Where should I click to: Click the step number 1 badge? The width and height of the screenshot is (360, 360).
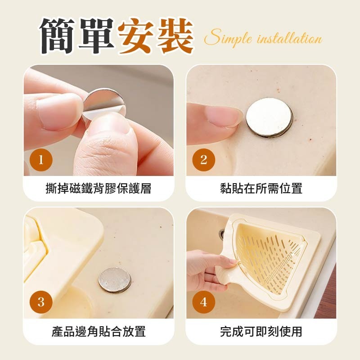coord(41,160)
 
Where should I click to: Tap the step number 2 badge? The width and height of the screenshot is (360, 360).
coord(203,160)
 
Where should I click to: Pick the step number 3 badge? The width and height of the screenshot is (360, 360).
coord(41,302)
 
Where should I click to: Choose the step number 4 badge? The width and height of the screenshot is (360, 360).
coord(203,302)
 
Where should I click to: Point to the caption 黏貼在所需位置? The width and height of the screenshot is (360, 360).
coord(261,189)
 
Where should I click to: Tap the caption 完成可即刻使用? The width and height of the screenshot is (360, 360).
coord(261,332)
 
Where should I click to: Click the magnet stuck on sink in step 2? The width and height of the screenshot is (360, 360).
coord(269,118)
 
